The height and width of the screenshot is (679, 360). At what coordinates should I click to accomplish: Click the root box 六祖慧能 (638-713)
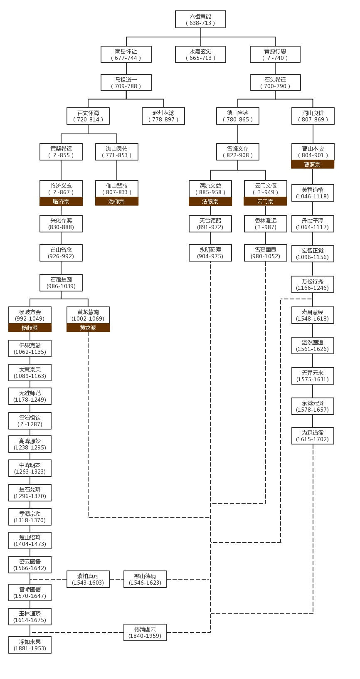coord(200,20)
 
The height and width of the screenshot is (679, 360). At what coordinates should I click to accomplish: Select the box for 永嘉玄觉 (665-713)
coord(200,54)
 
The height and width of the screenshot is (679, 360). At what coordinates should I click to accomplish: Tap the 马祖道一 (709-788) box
coord(126,83)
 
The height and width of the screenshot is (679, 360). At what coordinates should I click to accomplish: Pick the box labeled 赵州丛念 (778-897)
coord(163,116)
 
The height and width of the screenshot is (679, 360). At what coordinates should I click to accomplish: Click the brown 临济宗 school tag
coord(61,202)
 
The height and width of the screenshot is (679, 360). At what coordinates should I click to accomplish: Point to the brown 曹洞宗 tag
coord(313,165)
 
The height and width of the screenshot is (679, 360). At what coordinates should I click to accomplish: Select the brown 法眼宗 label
coord(210,202)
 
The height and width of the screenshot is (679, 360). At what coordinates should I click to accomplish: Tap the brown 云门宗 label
coord(265,202)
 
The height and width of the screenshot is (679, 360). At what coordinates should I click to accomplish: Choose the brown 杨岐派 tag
coord(30,328)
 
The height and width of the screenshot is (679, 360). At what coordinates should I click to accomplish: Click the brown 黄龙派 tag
coord(88,328)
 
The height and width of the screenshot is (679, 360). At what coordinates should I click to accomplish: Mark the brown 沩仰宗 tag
coord(117,202)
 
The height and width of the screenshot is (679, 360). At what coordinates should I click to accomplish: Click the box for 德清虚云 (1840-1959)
coord(145,632)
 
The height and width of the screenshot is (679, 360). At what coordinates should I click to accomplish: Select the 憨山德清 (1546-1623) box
coord(145,579)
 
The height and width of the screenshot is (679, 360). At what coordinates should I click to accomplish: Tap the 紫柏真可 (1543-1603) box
coord(88,579)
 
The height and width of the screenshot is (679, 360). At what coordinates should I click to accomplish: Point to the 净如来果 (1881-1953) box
coord(30,645)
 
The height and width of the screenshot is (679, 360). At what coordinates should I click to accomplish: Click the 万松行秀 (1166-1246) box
coord(313,284)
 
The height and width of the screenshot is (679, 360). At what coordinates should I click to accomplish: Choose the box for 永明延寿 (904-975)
coord(210,253)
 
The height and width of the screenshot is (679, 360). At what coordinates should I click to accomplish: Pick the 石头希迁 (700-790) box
coord(275,83)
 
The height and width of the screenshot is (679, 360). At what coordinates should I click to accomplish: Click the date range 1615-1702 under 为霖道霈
coord(313,439)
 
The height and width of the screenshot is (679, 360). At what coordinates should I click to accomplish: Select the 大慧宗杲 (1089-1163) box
coord(30,373)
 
